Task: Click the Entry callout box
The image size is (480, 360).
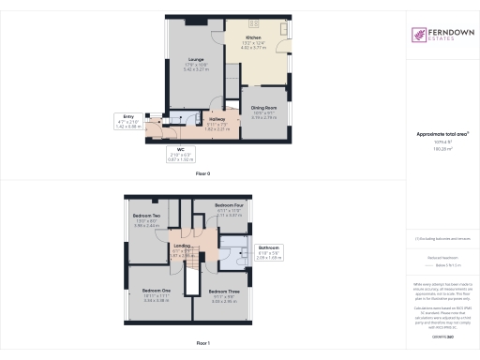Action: pyautogui.click(x=156, y=122)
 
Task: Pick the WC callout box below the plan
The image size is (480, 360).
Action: pyautogui.click(x=179, y=157)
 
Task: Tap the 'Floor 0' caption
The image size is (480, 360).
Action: pyautogui.click(x=202, y=174)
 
